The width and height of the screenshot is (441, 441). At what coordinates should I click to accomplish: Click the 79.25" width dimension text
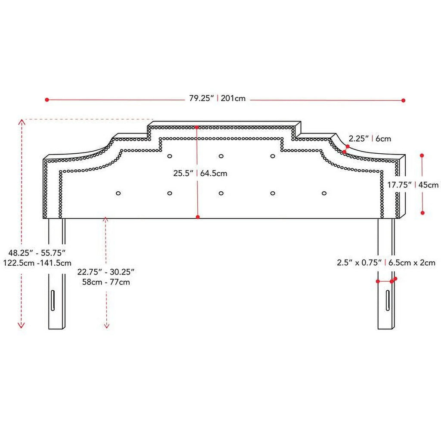[x=202, y=98]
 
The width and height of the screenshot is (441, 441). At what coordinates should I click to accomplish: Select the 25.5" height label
[x=183, y=174]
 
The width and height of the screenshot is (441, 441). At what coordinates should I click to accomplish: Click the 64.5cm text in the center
[x=213, y=174]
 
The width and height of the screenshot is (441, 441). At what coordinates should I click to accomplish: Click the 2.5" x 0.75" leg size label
[x=360, y=262]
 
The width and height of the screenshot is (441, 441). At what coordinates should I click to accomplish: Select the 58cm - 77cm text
[x=106, y=283]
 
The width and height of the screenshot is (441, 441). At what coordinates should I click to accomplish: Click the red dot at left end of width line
[x=47, y=100]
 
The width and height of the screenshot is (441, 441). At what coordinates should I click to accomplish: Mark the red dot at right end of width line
[x=404, y=100]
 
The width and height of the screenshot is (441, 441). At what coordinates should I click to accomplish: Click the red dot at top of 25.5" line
[x=197, y=127]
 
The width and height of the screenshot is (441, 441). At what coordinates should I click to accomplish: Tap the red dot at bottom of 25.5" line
[x=198, y=217]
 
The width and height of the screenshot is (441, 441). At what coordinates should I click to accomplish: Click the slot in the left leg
[x=53, y=300]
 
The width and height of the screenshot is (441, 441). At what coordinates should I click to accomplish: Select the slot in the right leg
[x=388, y=300]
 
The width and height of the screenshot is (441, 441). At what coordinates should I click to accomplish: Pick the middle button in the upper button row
[x=221, y=156]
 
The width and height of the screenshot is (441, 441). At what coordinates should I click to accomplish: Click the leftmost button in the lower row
[x=118, y=193]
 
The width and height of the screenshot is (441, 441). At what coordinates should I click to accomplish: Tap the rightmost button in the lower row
[x=324, y=193]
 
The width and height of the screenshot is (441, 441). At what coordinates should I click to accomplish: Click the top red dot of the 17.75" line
[x=422, y=155]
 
